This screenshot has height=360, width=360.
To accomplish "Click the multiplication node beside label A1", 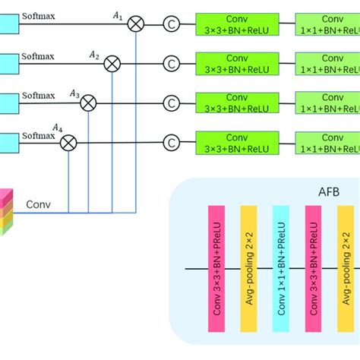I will tap(136, 24).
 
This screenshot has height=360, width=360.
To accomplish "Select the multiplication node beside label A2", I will tap(112, 64).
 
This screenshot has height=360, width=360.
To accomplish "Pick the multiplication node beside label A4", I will tap(68, 141).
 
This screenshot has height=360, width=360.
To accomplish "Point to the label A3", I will tap(74, 93).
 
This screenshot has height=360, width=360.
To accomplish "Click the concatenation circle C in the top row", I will tap(171, 24).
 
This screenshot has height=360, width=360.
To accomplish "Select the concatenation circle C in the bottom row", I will tap(171, 141).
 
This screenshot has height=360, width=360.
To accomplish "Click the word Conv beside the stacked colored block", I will tap(39, 204).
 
